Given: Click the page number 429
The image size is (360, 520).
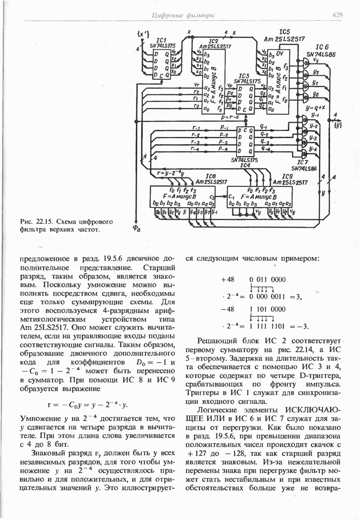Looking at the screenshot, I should click(x=338, y=15).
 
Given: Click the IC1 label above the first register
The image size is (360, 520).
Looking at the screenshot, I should click(x=162, y=39).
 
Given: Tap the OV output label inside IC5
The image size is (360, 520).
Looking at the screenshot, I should click(x=279, y=55).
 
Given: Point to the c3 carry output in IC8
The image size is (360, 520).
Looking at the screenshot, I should click(x=211, y=197).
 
